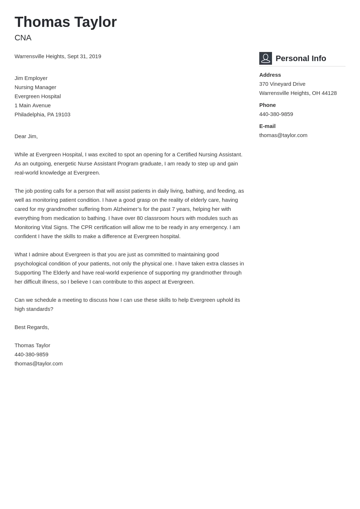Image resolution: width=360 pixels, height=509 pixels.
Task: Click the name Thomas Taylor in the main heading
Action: [x=65, y=22]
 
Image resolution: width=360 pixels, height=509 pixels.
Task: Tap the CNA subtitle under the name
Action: [x=23, y=38]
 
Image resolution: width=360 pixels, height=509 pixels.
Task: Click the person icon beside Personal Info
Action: [x=265, y=58]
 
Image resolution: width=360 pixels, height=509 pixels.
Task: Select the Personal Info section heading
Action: [x=301, y=59]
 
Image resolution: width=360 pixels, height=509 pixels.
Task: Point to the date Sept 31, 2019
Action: [x=84, y=56]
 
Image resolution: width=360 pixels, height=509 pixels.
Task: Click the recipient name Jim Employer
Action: [x=31, y=78]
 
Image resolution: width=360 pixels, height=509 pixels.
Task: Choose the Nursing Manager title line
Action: [x=35, y=87]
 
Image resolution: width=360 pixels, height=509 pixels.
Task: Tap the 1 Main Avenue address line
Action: [x=33, y=105]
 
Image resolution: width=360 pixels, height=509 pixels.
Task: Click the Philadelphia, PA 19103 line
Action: [x=43, y=115]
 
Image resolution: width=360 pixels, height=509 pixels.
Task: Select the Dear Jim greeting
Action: [x=26, y=136]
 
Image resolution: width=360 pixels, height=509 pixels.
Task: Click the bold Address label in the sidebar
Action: [x=270, y=75]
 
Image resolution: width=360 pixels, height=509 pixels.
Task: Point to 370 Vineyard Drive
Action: [x=282, y=84]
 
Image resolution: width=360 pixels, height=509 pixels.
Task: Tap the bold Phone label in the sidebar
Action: [x=268, y=105]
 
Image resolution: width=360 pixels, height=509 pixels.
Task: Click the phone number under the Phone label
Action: [x=276, y=114]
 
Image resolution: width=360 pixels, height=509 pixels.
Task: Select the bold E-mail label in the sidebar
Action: [x=267, y=126]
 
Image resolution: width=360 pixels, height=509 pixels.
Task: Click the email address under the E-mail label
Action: [x=283, y=135]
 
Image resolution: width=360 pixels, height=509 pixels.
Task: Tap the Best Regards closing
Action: [x=32, y=327]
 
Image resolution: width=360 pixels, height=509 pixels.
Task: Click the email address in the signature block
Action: [x=39, y=364]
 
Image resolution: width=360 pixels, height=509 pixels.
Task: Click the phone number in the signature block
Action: [x=31, y=354]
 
